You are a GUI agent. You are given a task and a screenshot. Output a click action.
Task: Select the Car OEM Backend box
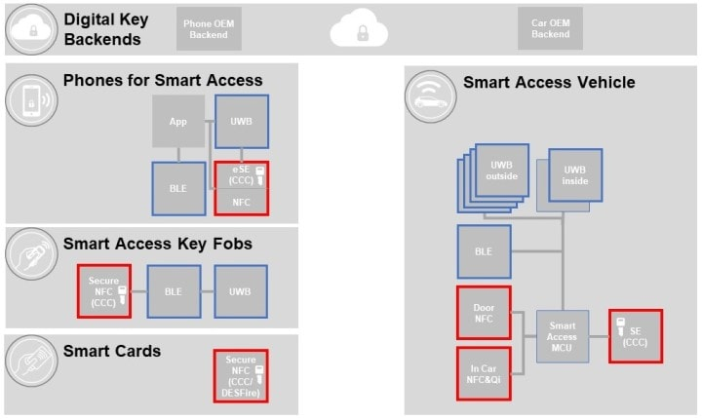(x=549, y=29)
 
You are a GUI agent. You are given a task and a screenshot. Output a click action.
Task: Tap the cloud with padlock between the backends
(x=361, y=31)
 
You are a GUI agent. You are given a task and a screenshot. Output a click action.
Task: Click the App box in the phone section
(x=177, y=122)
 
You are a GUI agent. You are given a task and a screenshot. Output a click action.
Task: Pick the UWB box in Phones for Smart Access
(x=242, y=122)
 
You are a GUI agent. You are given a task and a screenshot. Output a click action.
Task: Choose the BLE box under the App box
(x=177, y=188)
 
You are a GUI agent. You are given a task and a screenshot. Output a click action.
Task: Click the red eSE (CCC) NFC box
(x=241, y=188)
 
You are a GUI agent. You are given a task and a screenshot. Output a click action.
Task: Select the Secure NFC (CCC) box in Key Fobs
(x=104, y=290)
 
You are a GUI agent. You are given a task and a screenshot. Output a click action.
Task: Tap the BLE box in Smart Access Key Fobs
(x=174, y=290)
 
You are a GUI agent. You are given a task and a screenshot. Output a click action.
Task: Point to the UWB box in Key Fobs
(x=241, y=290)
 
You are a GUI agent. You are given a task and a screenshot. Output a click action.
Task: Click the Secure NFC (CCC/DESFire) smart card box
(x=241, y=375)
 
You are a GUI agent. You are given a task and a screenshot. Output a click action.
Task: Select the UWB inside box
(x=575, y=175)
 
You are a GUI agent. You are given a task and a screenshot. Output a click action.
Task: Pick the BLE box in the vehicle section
(x=484, y=250)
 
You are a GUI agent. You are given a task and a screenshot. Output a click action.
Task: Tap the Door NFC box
(x=484, y=312)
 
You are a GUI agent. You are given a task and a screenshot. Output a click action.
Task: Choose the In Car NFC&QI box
(x=484, y=372)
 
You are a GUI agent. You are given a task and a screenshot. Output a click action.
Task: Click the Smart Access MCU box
(x=562, y=337)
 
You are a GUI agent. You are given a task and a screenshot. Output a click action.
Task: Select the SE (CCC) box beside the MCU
(x=635, y=336)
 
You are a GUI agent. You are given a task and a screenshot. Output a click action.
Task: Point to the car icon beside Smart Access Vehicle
(x=429, y=95)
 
